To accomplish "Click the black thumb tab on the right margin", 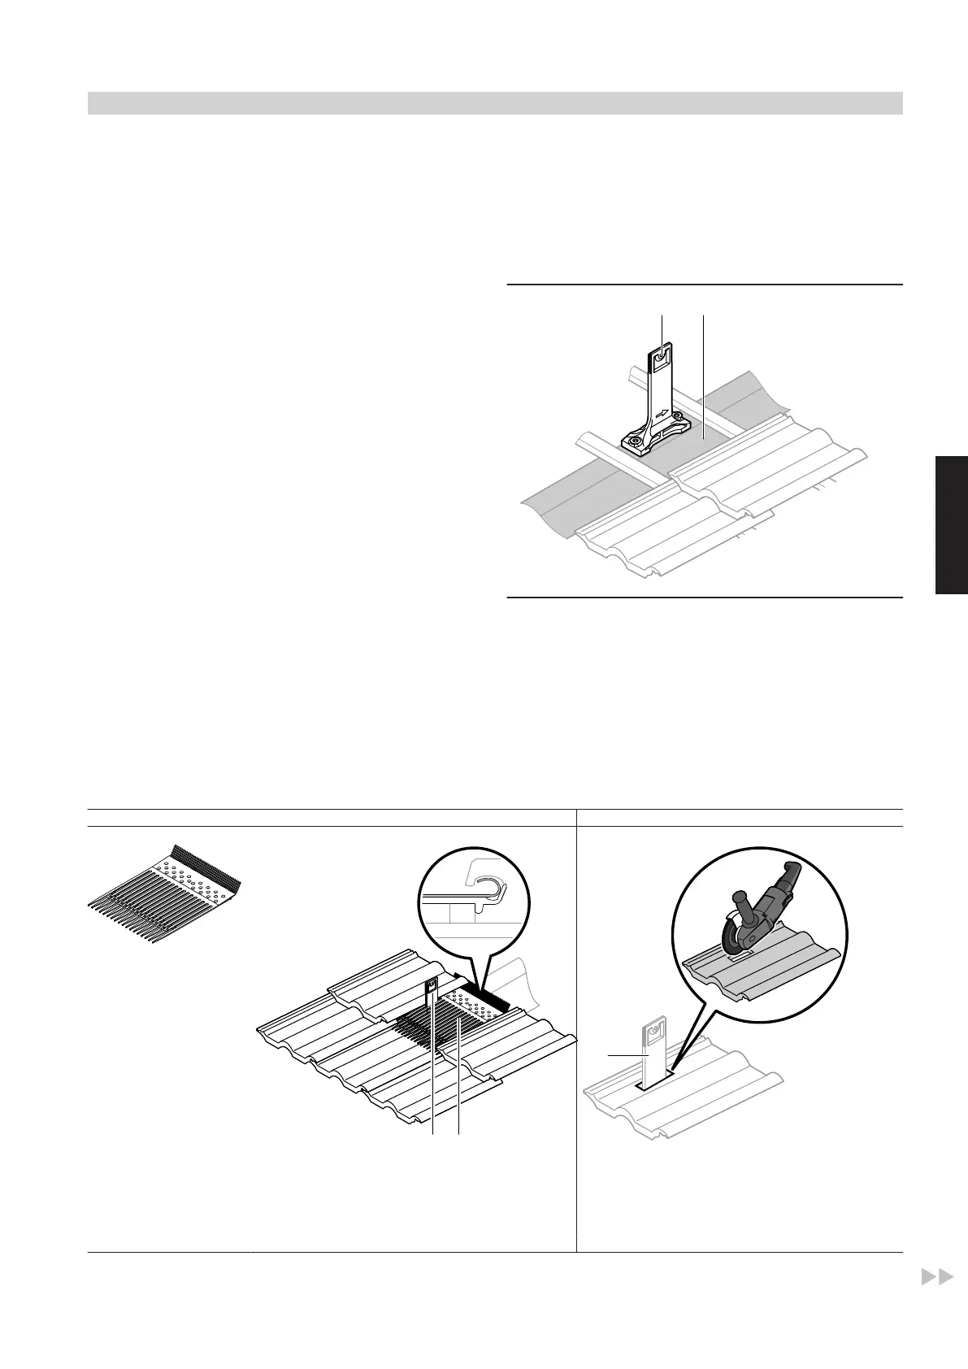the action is [951, 525].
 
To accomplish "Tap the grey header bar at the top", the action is [495, 103].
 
